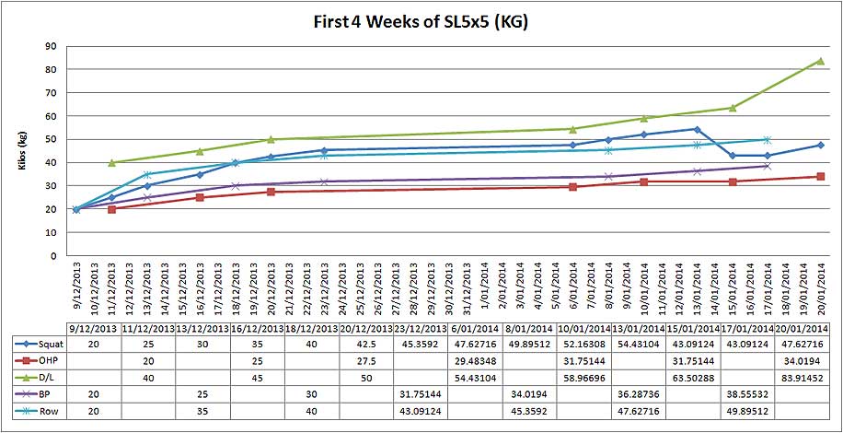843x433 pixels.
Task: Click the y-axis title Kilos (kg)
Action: tap(21, 151)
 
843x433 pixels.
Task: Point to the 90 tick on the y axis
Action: tap(50, 46)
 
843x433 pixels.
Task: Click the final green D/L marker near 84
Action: tap(820, 61)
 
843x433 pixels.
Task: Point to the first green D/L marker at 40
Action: tap(112, 162)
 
